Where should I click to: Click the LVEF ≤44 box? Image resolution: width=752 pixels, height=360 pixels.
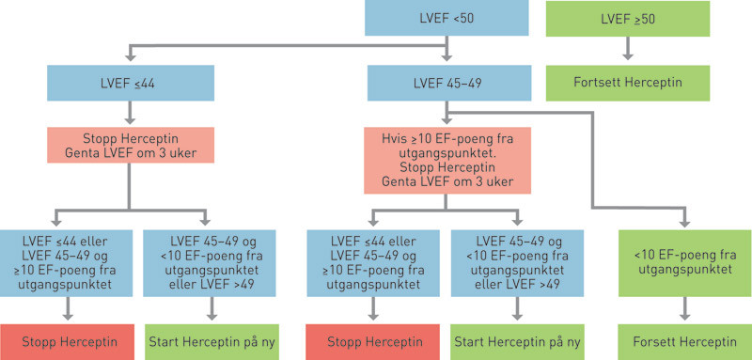(127, 83)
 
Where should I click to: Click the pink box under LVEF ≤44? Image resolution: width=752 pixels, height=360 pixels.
(127, 146)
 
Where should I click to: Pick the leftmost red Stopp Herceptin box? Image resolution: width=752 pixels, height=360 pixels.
(66, 339)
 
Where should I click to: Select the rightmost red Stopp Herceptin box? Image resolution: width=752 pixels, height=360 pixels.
(368, 339)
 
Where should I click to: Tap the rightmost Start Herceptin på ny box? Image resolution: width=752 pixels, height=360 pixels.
(515, 339)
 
